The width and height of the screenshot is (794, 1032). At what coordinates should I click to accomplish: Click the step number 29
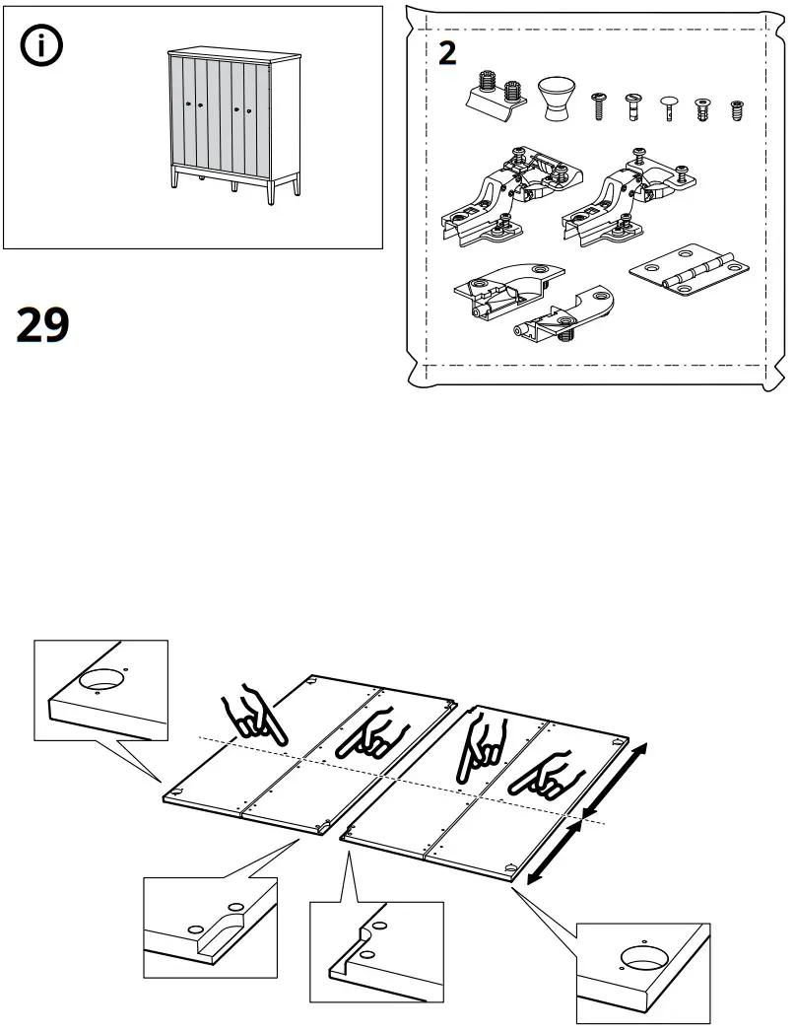coord(43,325)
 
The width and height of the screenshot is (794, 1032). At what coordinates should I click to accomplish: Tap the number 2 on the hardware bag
coord(447,53)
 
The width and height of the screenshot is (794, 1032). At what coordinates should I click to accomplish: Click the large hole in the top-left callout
coord(101,679)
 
